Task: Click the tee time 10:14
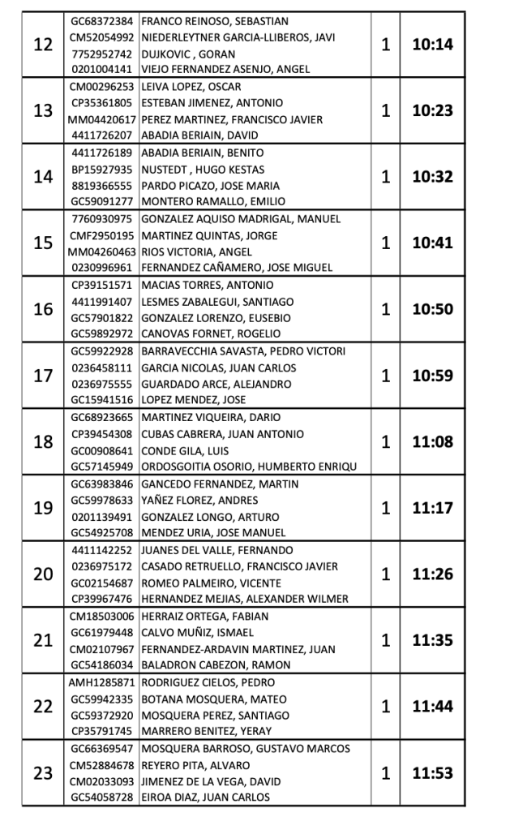coord(432,45)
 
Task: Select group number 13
coord(42,111)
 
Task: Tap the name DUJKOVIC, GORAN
coord(178,54)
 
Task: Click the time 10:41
coord(432,243)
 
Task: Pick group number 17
coord(42,376)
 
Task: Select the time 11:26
coord(432,574)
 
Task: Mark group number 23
coord(42,773)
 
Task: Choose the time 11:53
coord(432,773)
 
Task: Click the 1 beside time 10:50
coord(386,310)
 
